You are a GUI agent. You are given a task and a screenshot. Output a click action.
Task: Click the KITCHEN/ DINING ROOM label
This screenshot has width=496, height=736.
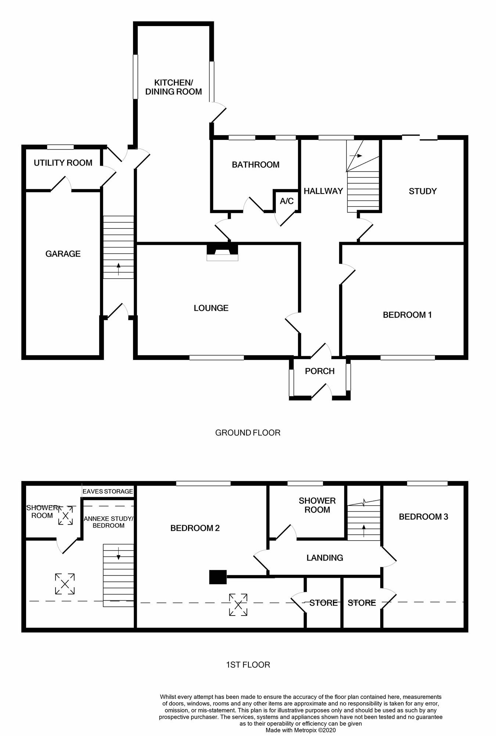tap(173, 87)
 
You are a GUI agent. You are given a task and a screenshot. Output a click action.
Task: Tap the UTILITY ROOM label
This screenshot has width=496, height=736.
tap(63, 163)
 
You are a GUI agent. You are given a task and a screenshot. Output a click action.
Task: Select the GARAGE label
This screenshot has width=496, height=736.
tap(63, 254)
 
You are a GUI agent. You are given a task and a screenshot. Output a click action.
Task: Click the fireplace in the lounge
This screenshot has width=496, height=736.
tap(222, 252)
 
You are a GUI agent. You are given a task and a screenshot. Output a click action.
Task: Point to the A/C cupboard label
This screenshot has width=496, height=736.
tap(287, 201)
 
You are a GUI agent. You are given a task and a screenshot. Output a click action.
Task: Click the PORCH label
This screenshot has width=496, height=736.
tap(320, 371)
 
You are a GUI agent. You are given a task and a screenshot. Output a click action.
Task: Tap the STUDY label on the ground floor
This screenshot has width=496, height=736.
tap(423, 191)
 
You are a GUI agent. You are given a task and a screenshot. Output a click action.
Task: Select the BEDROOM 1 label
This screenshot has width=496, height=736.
tap(407, 315)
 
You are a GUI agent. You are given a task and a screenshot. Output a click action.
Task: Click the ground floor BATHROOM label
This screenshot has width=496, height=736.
tap(255, 165)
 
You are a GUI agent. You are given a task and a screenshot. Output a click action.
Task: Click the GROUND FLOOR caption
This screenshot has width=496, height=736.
tap(248, 433)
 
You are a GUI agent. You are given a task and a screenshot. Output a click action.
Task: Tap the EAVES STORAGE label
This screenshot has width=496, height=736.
tap(108, 491)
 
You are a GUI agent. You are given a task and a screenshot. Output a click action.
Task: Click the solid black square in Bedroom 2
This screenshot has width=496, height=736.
tap(218, 577)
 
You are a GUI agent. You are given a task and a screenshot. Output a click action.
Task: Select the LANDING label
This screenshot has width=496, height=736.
tap(325, 558)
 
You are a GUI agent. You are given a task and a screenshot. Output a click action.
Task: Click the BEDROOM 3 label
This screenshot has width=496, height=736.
tap(423, 517)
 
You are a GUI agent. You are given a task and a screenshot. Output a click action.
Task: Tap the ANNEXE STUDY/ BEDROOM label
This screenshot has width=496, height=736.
tap(108, 522)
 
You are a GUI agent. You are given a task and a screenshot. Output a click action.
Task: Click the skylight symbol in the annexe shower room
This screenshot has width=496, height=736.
tap(65, 516)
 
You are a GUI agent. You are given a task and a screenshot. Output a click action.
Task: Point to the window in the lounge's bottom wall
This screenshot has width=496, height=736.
tap(217, 357)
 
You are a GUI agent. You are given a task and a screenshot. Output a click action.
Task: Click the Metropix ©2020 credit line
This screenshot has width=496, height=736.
tap(301, 730)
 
